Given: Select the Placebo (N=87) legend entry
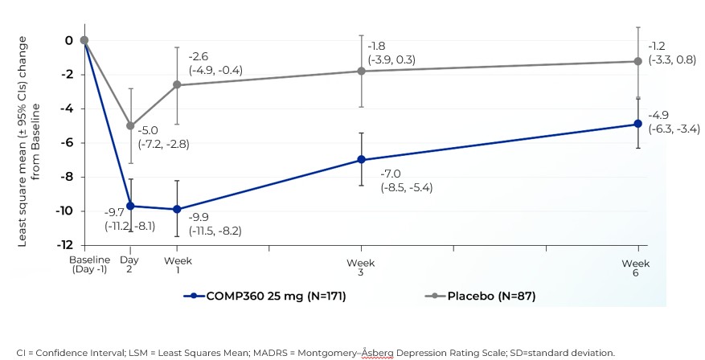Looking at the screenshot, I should (x=480, y=296).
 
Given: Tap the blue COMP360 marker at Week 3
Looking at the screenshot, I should (x=362, y=160).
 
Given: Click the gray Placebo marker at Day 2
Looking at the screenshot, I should (x=130, y=126).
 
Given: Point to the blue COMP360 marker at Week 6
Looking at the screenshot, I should (x=638, y=124).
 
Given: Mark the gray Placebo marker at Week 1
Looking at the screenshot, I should (x=177, y=85).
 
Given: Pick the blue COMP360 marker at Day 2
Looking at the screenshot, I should (x=130, y=206).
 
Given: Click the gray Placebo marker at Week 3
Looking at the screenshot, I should (x=362, y=71).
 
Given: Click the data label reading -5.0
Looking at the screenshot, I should (x=150, y=130).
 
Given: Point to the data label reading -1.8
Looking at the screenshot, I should (x=378, y=46).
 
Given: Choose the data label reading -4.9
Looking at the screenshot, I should (x=659, y=115).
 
